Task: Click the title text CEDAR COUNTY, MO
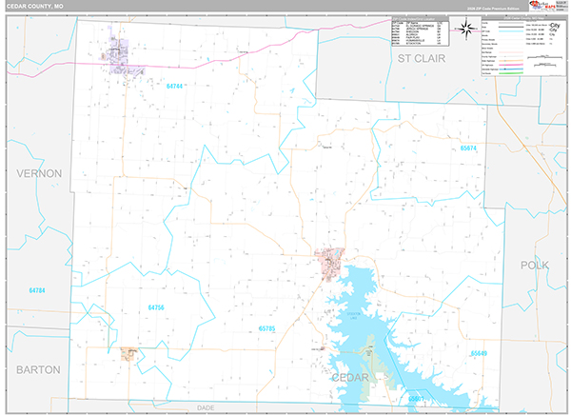coord(33,7)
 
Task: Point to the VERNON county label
coord(38,173)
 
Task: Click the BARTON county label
coord(37,368)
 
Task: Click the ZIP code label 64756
coord(156,307)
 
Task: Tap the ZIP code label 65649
coord(478,352)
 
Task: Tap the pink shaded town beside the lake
coord(330,260)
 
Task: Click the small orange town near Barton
coord(128,353)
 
